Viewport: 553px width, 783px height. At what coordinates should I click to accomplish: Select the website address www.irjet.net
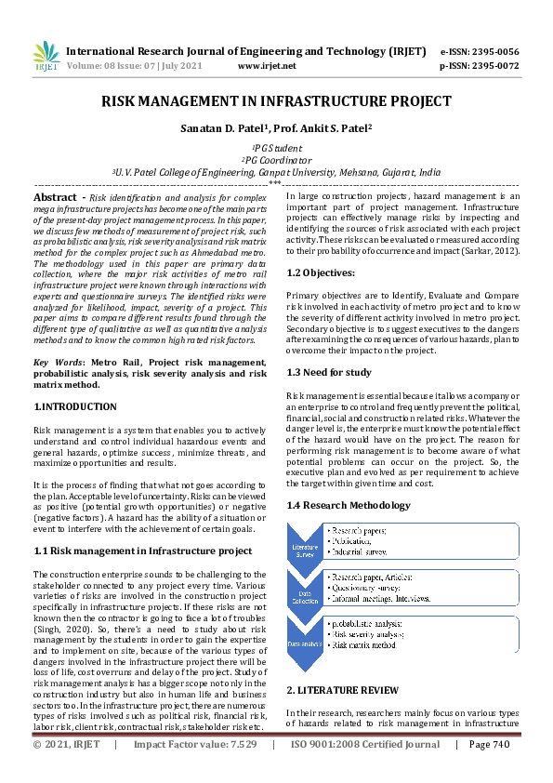click(267, 66)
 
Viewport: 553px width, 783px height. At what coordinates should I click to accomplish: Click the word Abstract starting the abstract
click(54, 198)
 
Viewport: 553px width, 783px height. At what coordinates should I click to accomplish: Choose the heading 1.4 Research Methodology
click(347, 505)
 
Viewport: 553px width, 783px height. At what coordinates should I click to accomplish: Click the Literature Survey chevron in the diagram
click(307, 545)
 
